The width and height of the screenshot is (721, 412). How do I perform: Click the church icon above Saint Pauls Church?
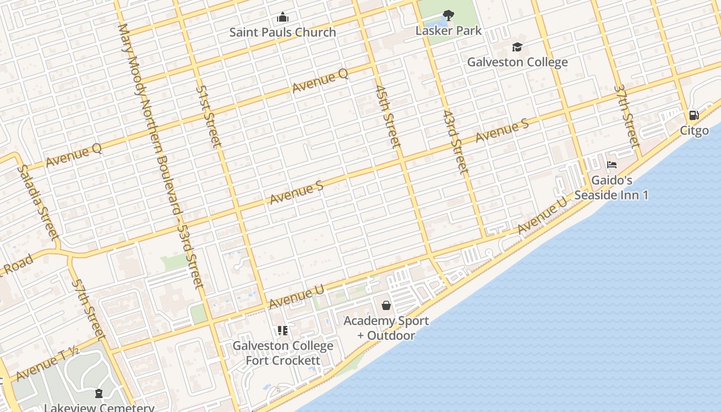282,18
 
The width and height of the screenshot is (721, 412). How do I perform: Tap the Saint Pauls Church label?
282,32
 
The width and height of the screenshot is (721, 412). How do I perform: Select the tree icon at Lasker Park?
449,15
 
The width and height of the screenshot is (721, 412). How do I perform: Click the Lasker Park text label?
449,30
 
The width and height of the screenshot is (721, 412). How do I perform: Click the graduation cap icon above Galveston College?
517,47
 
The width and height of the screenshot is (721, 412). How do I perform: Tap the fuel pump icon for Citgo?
694,115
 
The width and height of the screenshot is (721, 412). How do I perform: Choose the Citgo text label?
694,130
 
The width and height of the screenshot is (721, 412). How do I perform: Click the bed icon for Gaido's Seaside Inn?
612,165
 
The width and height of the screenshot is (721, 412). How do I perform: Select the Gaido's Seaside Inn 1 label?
611,188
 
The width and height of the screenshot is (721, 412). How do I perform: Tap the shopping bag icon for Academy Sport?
386,305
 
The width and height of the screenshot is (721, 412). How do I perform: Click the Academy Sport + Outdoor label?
386,328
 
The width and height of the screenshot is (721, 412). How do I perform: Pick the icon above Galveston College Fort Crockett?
282,330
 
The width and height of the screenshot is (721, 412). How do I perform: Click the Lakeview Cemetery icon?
99,394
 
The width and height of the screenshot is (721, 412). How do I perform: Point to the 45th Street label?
388,116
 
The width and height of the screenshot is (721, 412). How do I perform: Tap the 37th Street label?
627,116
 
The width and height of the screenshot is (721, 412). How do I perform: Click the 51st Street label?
209,116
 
